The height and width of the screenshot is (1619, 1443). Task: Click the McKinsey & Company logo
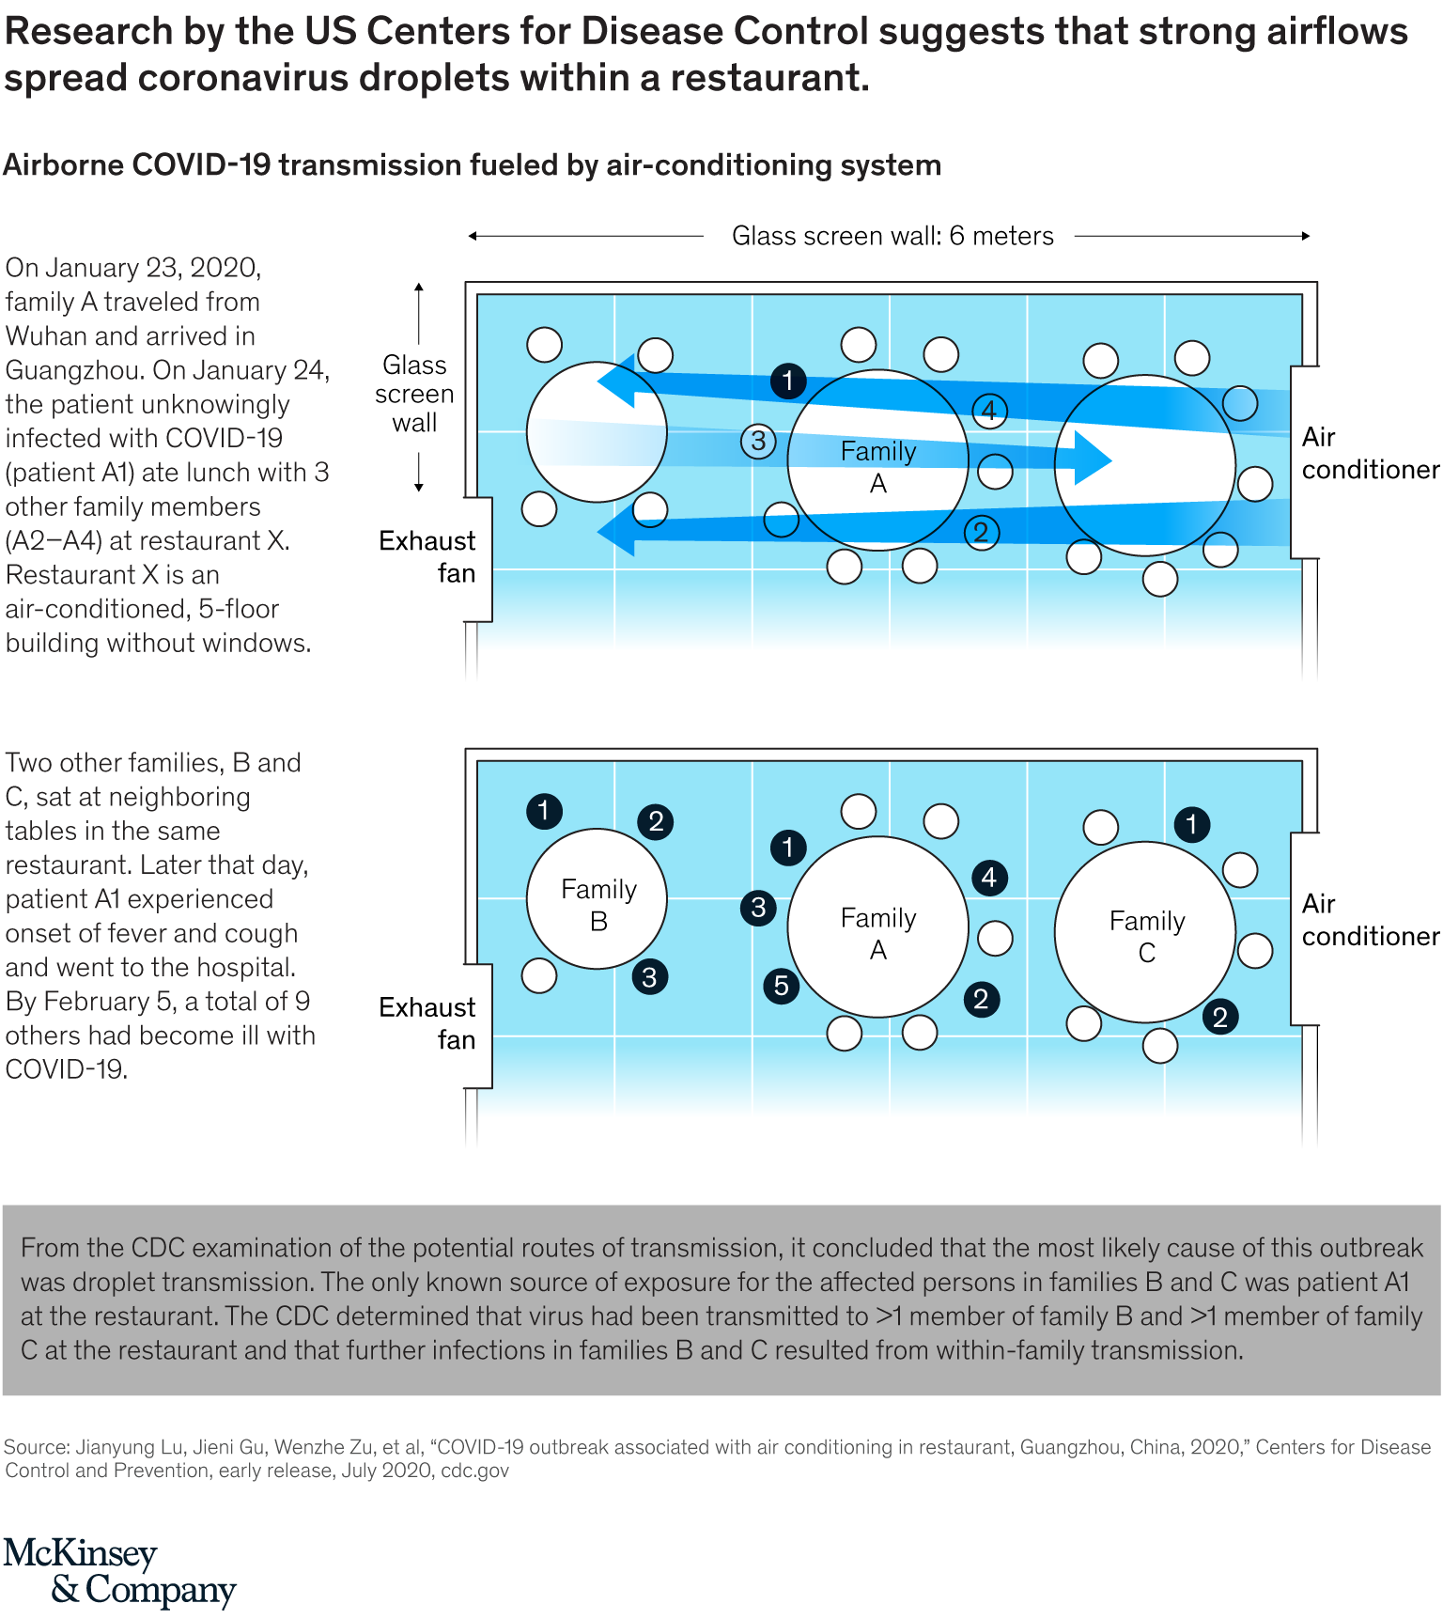(x=119, y=1571)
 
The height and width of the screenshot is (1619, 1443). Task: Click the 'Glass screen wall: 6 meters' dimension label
(x=892, y=236)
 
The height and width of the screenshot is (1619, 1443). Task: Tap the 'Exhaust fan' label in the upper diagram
(x=427, y=557)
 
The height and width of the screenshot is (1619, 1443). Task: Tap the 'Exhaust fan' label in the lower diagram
(x=427, y=1023)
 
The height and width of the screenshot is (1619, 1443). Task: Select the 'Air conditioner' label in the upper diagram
(x=1369, y=454)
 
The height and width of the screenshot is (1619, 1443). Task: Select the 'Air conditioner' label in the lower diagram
(x=1369, y=920)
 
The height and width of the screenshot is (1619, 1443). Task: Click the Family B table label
(x=598, y=904)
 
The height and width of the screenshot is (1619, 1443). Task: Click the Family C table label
(x=1146, y=936)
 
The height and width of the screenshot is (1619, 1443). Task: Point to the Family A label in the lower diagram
(x=877, y=933)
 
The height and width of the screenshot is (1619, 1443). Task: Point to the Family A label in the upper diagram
(x=877, y=467)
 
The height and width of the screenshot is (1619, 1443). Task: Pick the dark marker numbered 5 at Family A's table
(x=781, y=986)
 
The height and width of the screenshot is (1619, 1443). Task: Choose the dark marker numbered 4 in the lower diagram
(x=988, y=878)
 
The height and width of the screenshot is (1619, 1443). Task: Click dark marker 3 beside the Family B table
(x=649, y=977)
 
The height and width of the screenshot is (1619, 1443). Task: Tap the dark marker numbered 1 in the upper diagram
(x=787, y=381)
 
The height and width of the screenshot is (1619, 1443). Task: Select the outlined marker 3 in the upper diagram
(x=757, y=441)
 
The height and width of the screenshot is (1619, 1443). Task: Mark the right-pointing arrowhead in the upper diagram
(x=1092, y=459)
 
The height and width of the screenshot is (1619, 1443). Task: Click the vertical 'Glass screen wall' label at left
(x=414, y=394)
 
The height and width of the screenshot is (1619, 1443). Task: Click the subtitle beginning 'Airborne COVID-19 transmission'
(x=472, y=165)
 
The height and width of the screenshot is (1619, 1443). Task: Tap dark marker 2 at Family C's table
(x=1219, y=1017)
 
